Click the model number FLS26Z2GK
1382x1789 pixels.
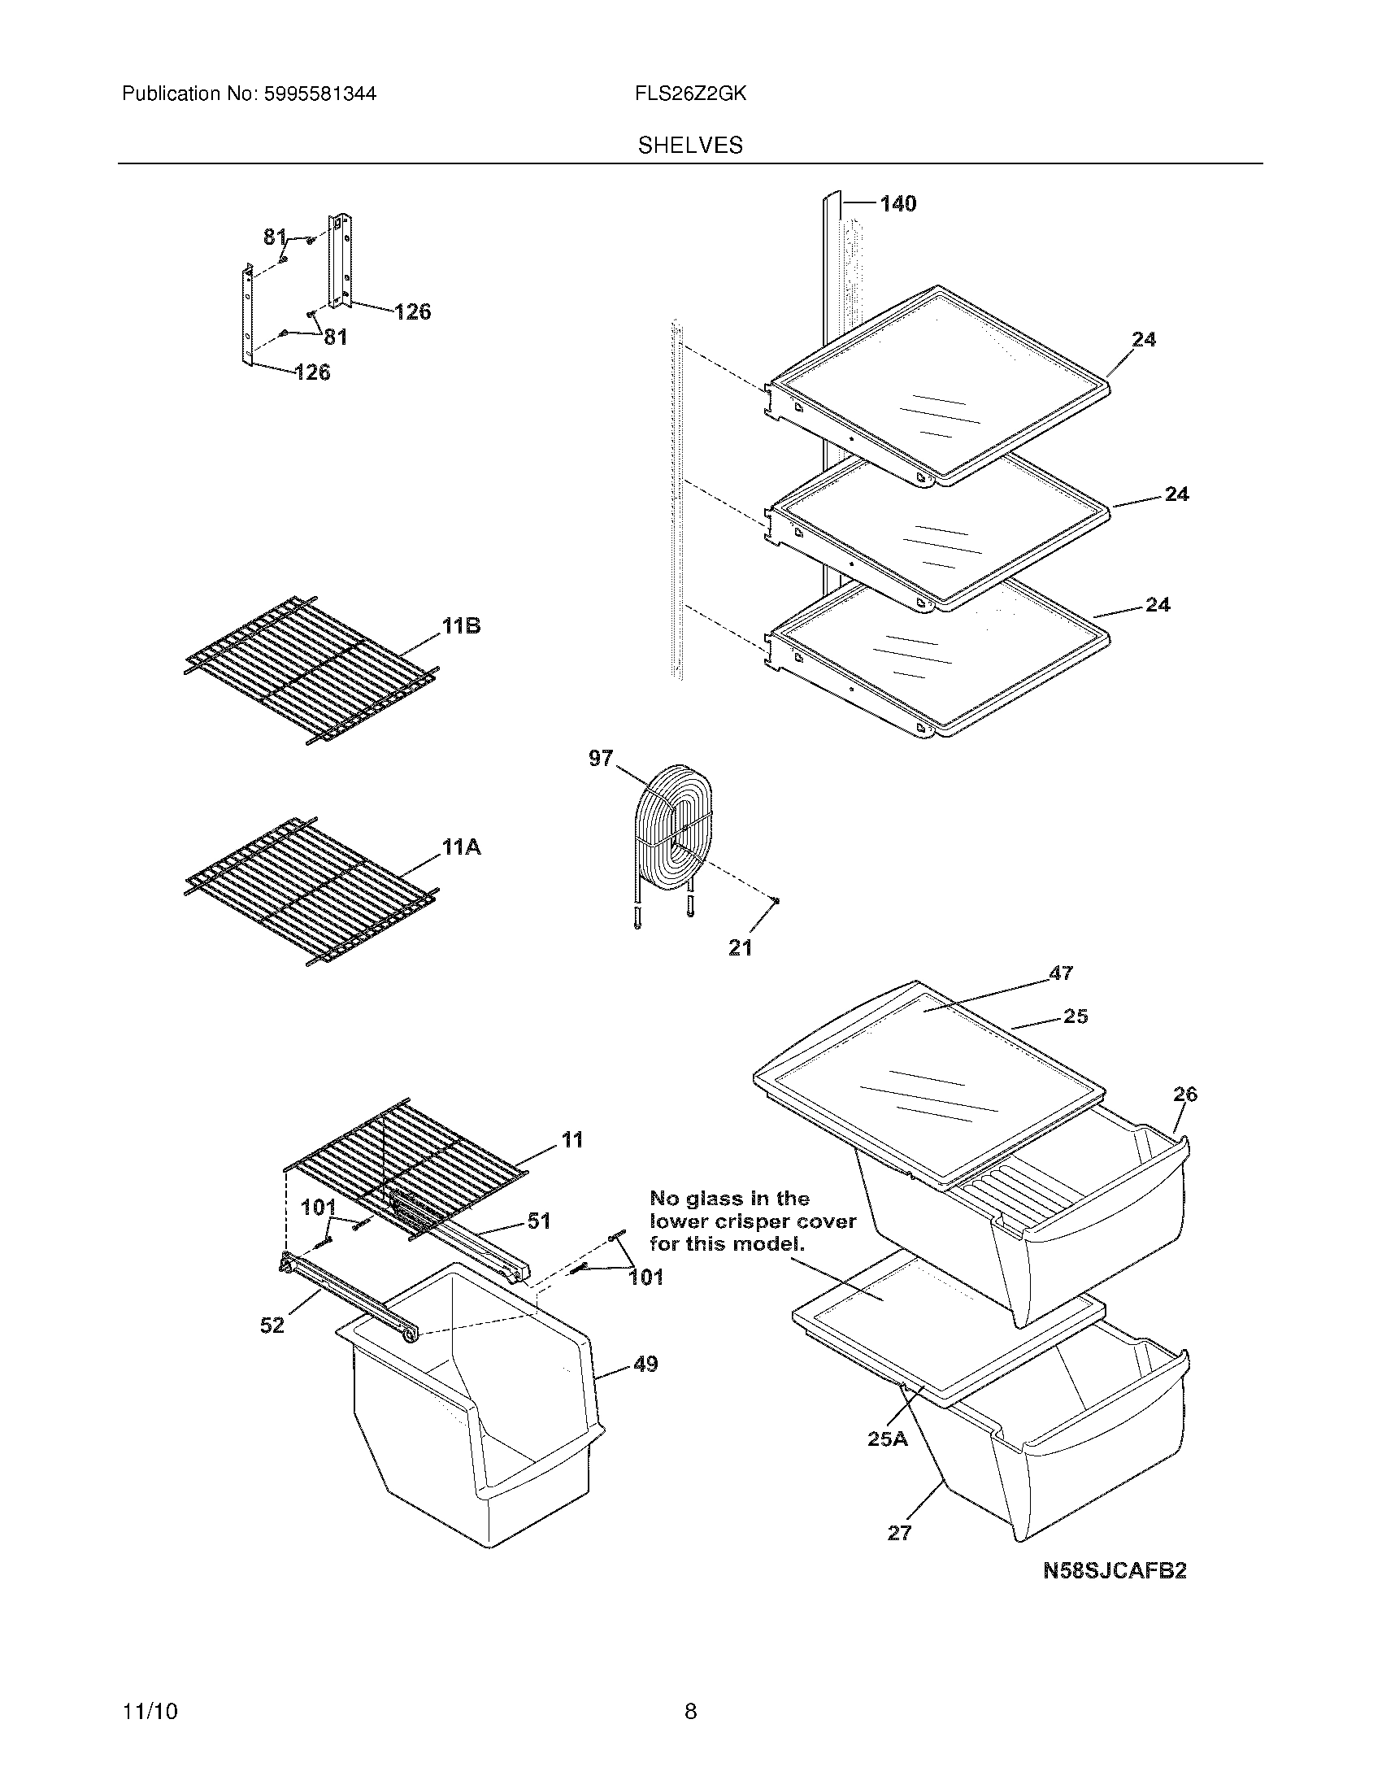point(689,94)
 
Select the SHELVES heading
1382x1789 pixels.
point(690,146)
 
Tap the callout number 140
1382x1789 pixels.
point(897,203)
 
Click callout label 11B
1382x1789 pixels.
point(461,627)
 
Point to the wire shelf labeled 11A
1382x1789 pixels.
point(311,889)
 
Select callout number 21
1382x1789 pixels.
point(740,947)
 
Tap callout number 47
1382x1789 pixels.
point(1060,973)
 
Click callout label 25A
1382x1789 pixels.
point(888,1439)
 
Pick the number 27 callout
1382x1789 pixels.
point(899,1534)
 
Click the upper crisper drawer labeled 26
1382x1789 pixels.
point(1064,1229)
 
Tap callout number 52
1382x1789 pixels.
point(272,1325)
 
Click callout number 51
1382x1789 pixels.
point(538,1221)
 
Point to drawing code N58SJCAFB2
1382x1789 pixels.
point(1115,1570)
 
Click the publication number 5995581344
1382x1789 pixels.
point(320,94)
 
